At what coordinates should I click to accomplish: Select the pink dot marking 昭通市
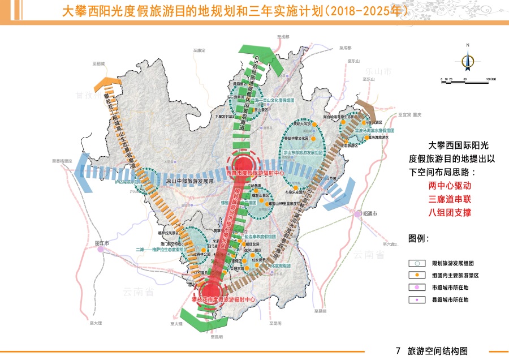[357, 214]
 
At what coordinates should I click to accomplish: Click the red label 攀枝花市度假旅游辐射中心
[225, 299]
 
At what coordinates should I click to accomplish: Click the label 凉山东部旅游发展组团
[303, 153]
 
